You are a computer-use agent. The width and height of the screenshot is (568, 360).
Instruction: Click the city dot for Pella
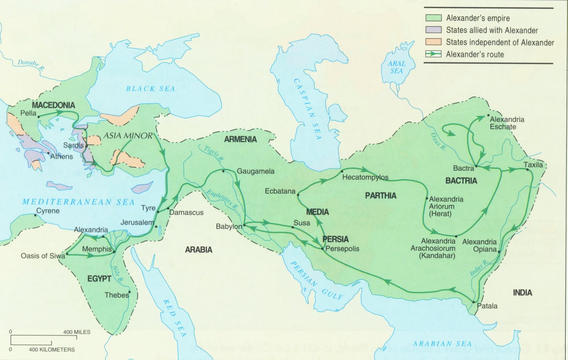[x=38, y=116]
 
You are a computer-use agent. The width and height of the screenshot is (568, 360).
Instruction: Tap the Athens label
[x=61, y=157]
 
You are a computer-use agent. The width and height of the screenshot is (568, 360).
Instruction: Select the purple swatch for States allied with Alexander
[x=433, y=30]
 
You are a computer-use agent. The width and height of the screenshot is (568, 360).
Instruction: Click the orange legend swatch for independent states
[x=433, y=42]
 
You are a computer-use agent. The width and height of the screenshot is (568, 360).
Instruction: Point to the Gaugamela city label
[x=256, y=171]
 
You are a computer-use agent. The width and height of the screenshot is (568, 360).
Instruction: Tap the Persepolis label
[x=342, y=249]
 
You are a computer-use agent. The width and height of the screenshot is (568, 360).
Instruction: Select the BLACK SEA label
[x=151, y=89]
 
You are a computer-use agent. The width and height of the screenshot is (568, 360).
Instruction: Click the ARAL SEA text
[x=397, y=67]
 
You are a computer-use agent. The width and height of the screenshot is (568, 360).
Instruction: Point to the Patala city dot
[x=474, y=302]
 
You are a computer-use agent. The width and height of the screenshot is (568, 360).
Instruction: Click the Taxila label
[x=533, y=165]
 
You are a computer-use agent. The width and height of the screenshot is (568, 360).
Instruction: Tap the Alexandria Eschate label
[x=507, y=123]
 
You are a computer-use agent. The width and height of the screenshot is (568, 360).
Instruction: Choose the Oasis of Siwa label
[x=43, y=256]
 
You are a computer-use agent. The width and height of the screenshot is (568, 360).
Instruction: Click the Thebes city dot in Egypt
[x=130, y=292]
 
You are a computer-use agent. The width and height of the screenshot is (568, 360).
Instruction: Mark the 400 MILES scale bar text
[x=77, y=332]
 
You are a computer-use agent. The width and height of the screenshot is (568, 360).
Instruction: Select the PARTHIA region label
[x=381, y=196]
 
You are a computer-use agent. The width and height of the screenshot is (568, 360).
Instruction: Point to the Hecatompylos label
[x=365, y=177]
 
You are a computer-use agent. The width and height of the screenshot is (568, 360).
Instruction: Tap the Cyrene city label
[x=48, y=211]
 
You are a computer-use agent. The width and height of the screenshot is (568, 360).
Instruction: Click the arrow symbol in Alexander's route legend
[x=433, y=54]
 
